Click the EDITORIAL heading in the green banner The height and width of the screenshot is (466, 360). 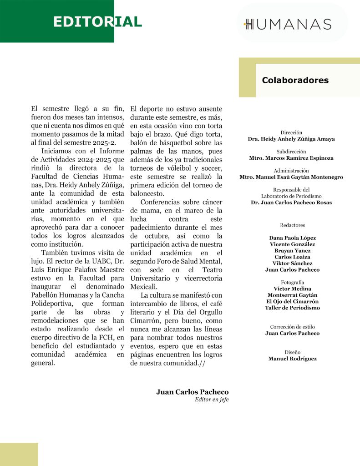pos(97,22)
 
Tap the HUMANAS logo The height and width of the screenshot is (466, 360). pos(288,24)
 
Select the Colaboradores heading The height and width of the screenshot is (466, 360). pos(295,81)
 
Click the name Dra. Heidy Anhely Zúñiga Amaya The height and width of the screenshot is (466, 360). pos(291,139)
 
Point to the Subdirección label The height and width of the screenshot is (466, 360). pos(291,152)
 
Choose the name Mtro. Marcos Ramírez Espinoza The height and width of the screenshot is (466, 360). pos(291,158)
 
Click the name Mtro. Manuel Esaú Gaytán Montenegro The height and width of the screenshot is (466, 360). pos(291,177)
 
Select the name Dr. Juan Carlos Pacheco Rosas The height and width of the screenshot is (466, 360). pos(291,202)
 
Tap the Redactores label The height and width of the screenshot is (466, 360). pos(292,225)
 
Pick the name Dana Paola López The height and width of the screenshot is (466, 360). pos(292,238)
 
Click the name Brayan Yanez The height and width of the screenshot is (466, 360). pos(292,250)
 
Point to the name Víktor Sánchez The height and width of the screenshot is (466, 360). pos(292,263)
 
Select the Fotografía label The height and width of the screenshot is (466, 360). pos(292,282)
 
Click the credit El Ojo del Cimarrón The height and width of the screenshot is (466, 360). pos(292,301)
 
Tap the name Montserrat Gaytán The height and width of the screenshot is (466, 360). pos(292,295)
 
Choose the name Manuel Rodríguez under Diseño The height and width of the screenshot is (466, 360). pos(292,359)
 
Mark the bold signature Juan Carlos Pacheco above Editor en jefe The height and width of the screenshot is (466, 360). pos(192,392)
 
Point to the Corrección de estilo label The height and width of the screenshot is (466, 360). pos(292,327)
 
